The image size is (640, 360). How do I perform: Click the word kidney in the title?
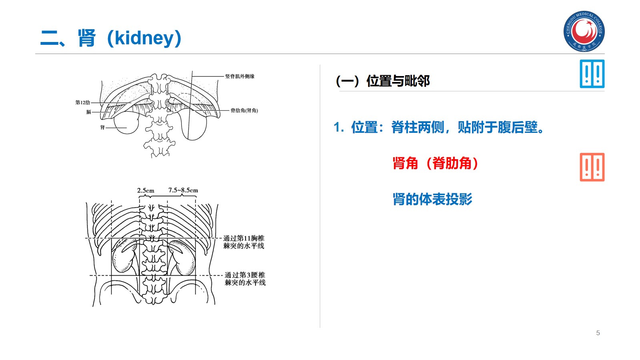(144, 38)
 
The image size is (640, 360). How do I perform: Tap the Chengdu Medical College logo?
(584, 31)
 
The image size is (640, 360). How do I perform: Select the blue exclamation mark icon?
(592, 74)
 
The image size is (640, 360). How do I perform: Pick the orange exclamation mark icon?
(592, 167)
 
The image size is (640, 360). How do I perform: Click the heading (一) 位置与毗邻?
(382, 81)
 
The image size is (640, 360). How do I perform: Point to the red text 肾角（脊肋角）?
(435, 163)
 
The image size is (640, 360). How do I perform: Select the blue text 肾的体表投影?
(432, 199)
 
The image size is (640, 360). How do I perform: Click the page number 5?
(598, 333)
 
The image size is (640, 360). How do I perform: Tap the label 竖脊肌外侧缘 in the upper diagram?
(240, 76)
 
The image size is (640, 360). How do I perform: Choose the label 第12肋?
(83, 102)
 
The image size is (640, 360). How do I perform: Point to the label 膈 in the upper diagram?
(89, 112)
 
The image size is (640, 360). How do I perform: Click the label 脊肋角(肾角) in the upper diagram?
(244, 110)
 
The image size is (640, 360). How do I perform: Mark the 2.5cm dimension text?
(146, 190)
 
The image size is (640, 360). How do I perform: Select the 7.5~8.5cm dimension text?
(183, 190)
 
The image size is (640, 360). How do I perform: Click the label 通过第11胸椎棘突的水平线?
(244, 242)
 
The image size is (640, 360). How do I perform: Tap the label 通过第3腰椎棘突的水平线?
(245, 279)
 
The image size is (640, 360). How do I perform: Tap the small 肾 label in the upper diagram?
(102, 127)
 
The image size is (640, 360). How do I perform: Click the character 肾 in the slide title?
(87, 38)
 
